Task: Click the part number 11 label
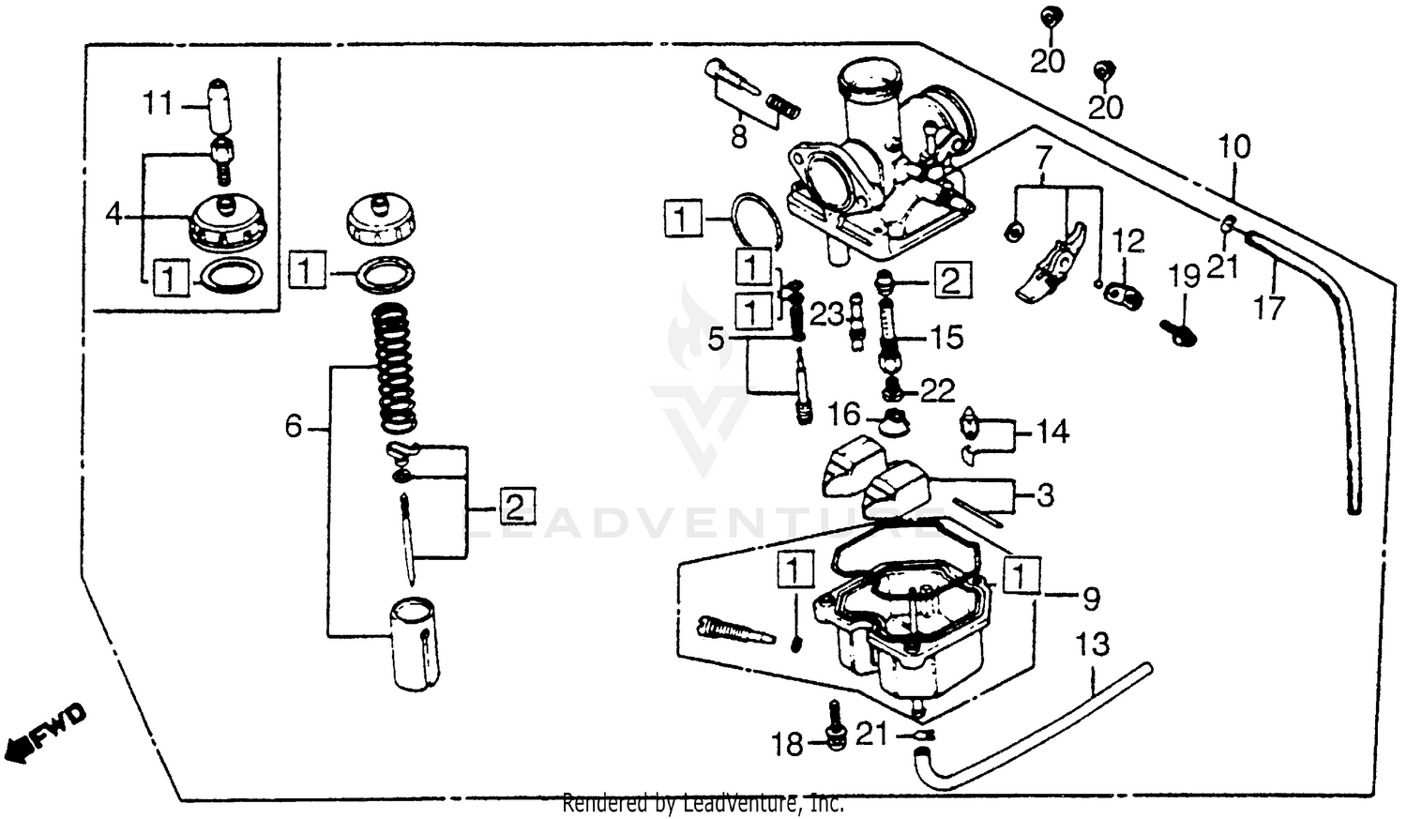158,103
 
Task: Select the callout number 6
294,428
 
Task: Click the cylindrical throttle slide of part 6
414,644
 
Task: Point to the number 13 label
1092,645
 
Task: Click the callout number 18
788,745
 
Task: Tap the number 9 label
1091,598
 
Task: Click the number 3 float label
1045,494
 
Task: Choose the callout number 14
1053,432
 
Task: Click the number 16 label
843,414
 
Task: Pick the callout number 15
946,337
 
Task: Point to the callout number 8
738,138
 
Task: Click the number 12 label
1129,242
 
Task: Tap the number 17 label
1269,308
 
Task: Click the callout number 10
1234,147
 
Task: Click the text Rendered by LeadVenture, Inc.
703,804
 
